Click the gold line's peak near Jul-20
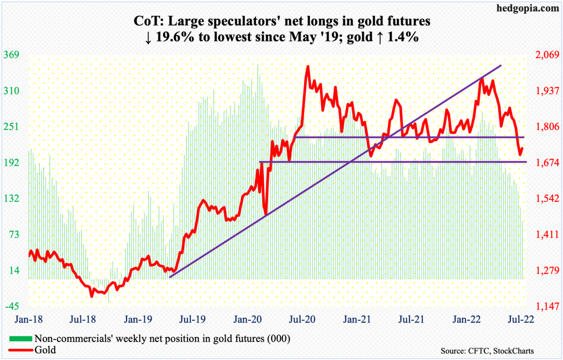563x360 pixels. click(307, 67)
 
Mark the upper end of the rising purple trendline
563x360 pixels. click(501, 65)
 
